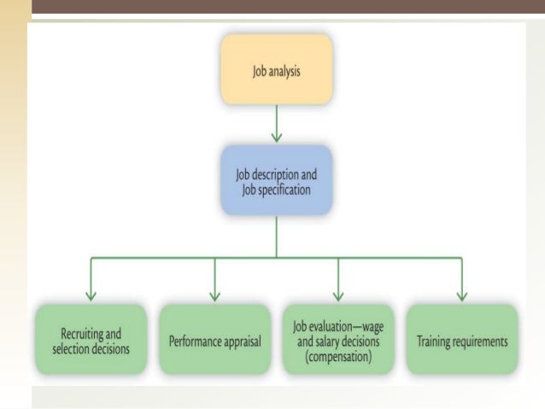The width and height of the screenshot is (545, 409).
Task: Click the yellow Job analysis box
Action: click(x=275, y=67)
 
